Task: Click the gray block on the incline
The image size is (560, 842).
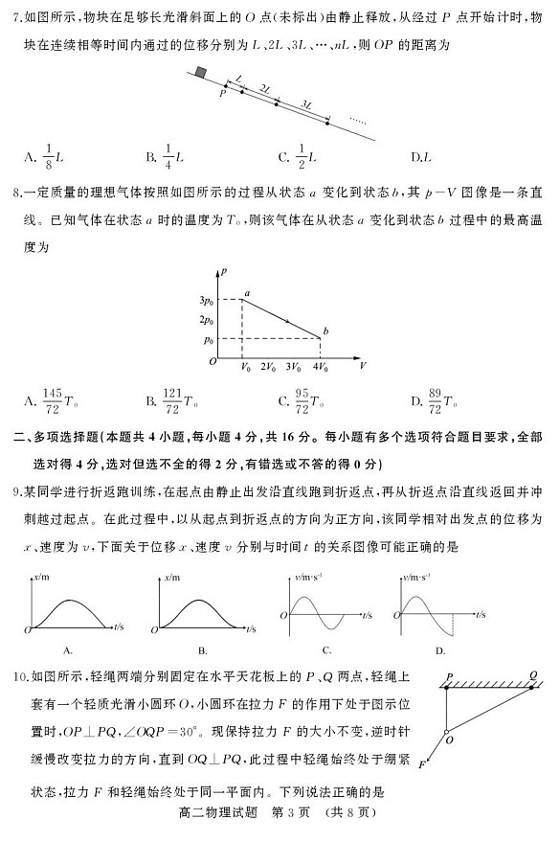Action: tap(200, 72)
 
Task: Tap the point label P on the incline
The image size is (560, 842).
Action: tap(222, 94)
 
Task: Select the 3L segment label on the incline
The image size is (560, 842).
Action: tap(305, 102)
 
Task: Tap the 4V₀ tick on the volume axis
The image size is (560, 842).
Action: tap(319, 366)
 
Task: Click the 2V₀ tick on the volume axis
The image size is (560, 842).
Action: tap(270, 366)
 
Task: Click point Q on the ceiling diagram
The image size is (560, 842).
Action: tap(533, 673)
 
